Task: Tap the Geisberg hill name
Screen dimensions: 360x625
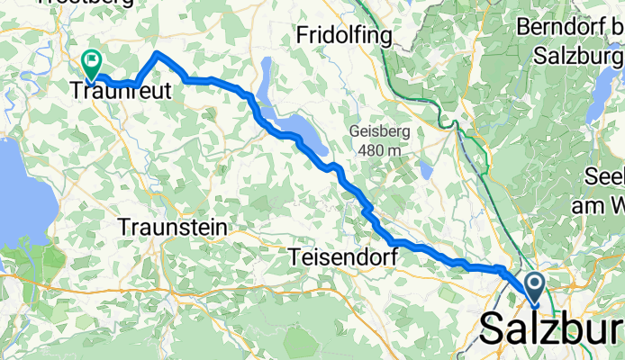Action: click(380, 131)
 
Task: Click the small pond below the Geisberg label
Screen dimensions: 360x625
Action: click(425, 169)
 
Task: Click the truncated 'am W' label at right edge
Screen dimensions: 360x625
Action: click(599, 205)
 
